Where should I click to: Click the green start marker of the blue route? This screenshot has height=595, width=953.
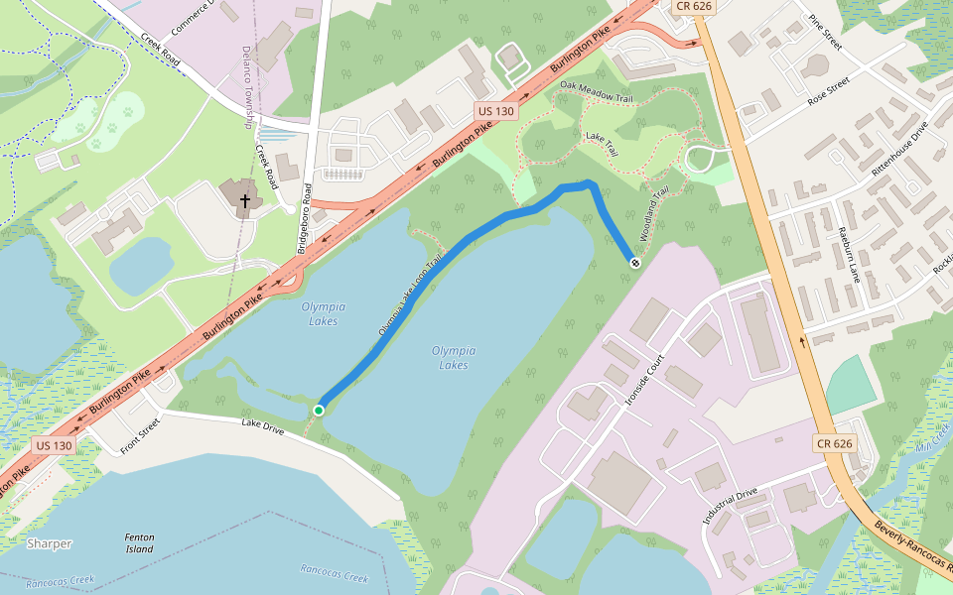(319, 410)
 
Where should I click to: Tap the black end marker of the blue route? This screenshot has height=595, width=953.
(634, 262)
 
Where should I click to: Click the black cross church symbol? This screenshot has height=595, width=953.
(244, 201)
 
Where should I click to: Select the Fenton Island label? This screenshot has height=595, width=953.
(139, 542)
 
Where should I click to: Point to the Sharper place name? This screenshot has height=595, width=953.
(50, 543)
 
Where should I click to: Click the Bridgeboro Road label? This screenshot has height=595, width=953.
(308, 212)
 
